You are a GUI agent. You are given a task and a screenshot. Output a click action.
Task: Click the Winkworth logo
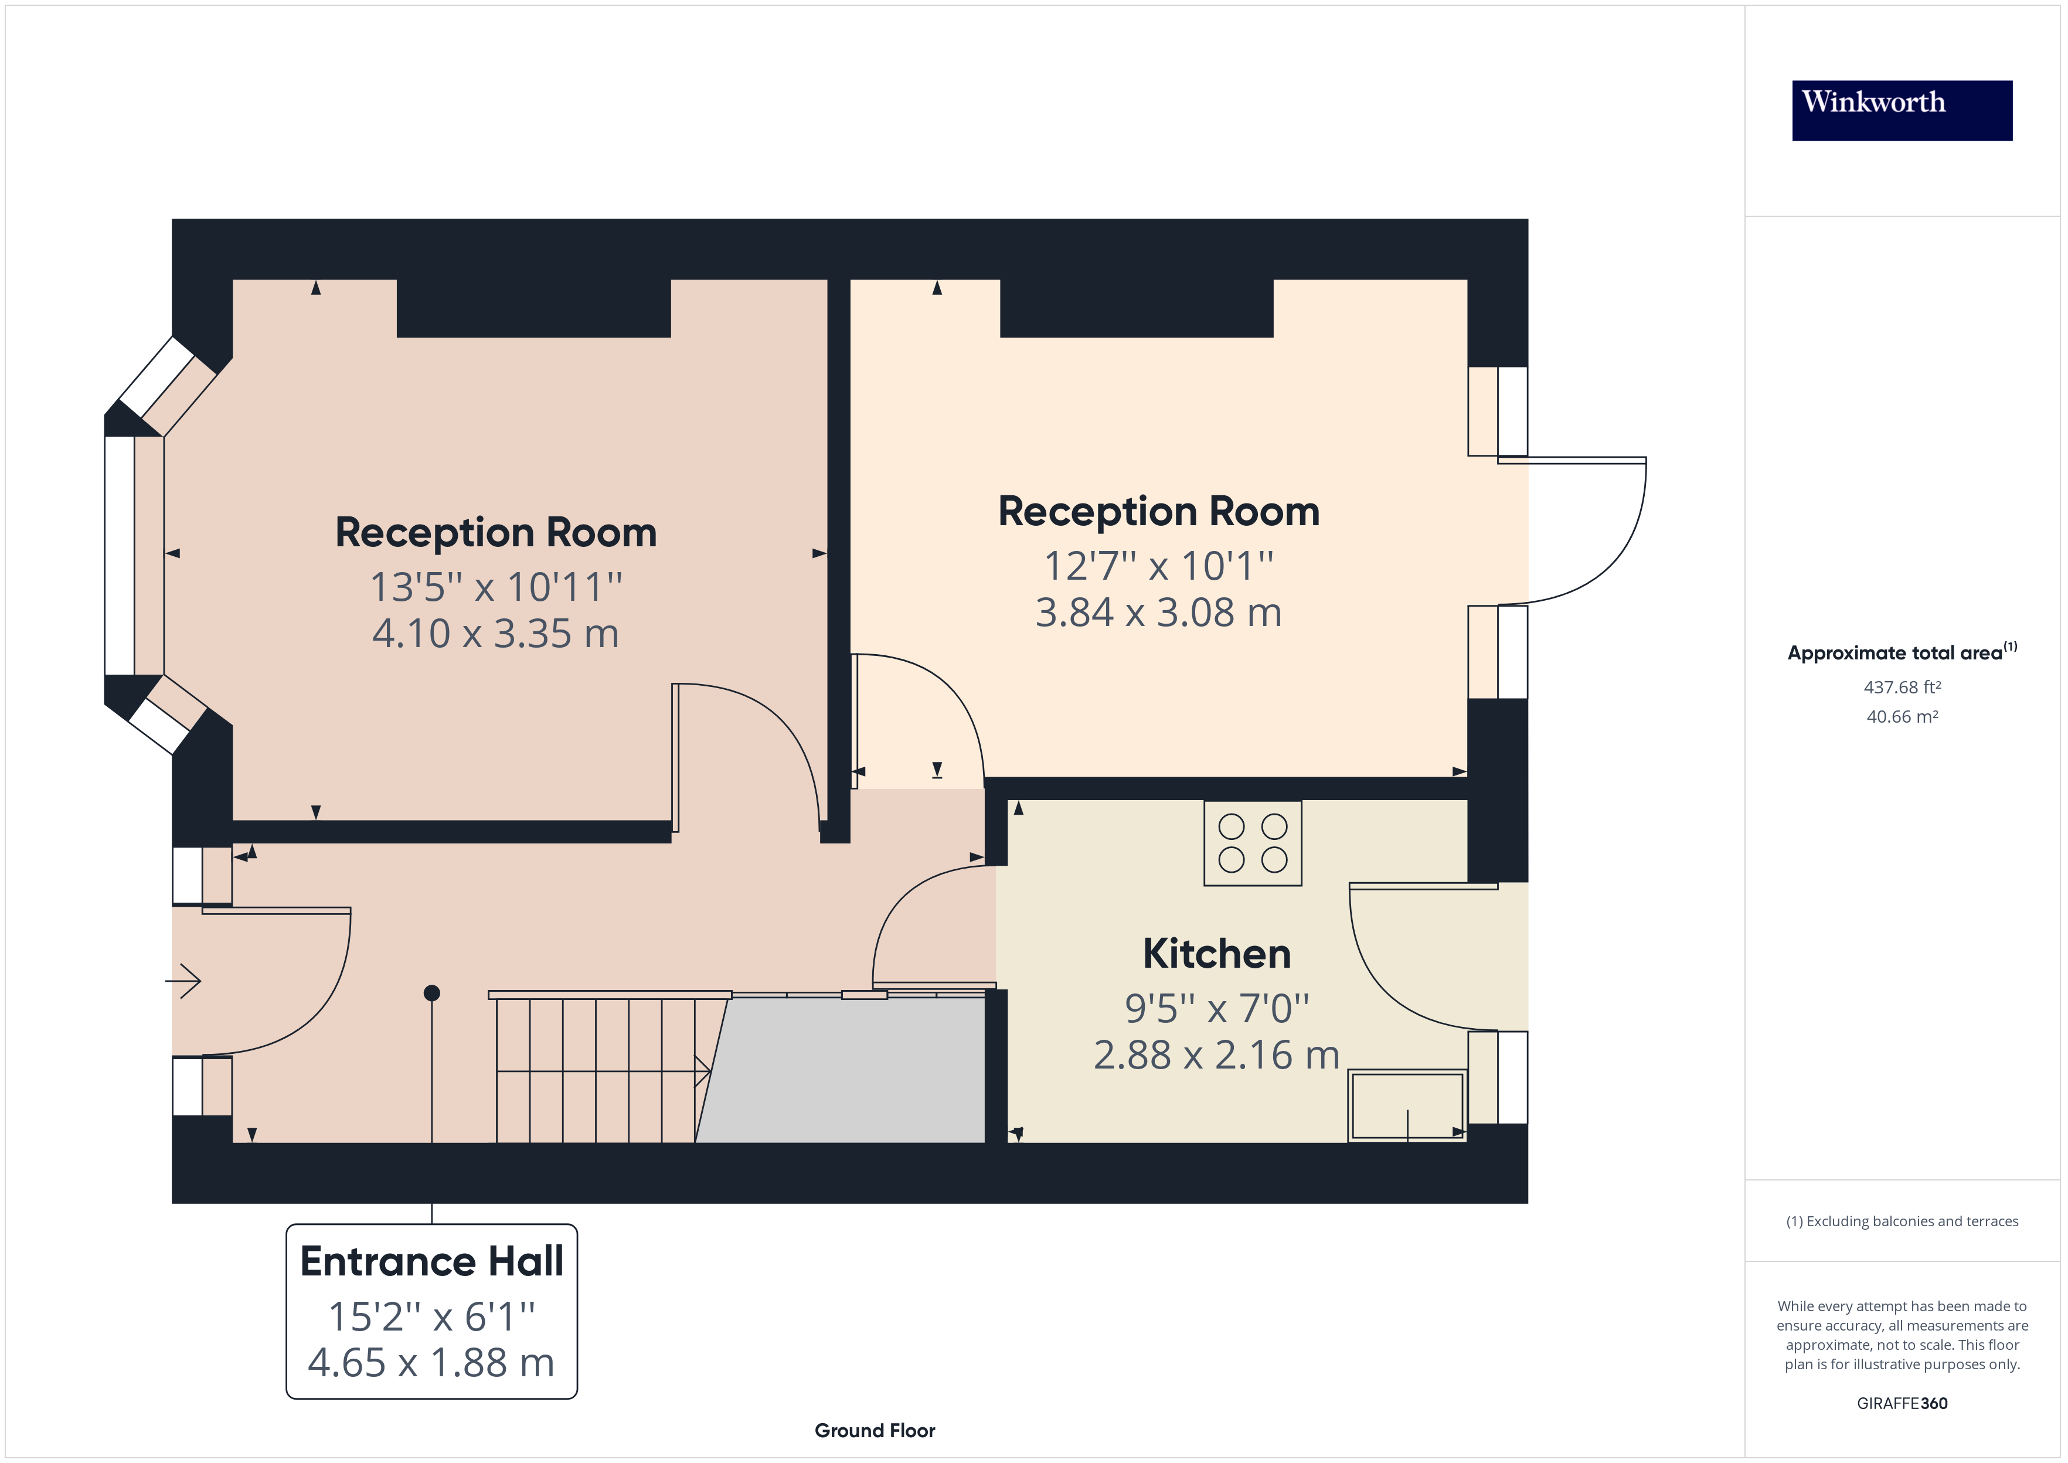[x=1902, y=111]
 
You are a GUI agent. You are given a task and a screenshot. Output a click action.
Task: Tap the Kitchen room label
[x=1217, y=953]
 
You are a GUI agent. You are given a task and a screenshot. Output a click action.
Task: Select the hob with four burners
[x=1253, y=843]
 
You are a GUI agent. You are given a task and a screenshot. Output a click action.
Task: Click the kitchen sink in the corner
[x=1407, y=1106]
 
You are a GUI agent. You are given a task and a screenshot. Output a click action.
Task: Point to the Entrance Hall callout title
[x=431, y=1260]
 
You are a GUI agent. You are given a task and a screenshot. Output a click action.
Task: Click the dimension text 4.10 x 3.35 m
[x=495, y=633]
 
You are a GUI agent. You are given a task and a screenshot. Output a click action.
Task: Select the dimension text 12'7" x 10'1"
[x=1158, y=566]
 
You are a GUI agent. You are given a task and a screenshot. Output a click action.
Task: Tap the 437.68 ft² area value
[x=1902, y=688]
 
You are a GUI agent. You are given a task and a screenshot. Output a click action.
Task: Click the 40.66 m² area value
[x=1902, y=717]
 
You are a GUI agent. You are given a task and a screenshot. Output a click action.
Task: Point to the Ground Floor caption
[x=875, y=1431]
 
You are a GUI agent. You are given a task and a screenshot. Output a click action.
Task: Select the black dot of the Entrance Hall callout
[x=431, y=993]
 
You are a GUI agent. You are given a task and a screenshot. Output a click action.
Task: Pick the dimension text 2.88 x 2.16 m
[x=1217, y=1055]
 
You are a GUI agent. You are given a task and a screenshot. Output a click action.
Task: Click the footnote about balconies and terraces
[x=1902, y=1222]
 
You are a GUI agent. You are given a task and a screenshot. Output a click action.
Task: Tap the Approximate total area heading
[x=1902, y=652]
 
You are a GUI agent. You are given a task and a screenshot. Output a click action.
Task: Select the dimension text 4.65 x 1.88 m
[x=431, y=1363]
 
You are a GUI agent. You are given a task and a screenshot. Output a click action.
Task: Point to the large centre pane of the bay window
[x=119, y=555]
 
